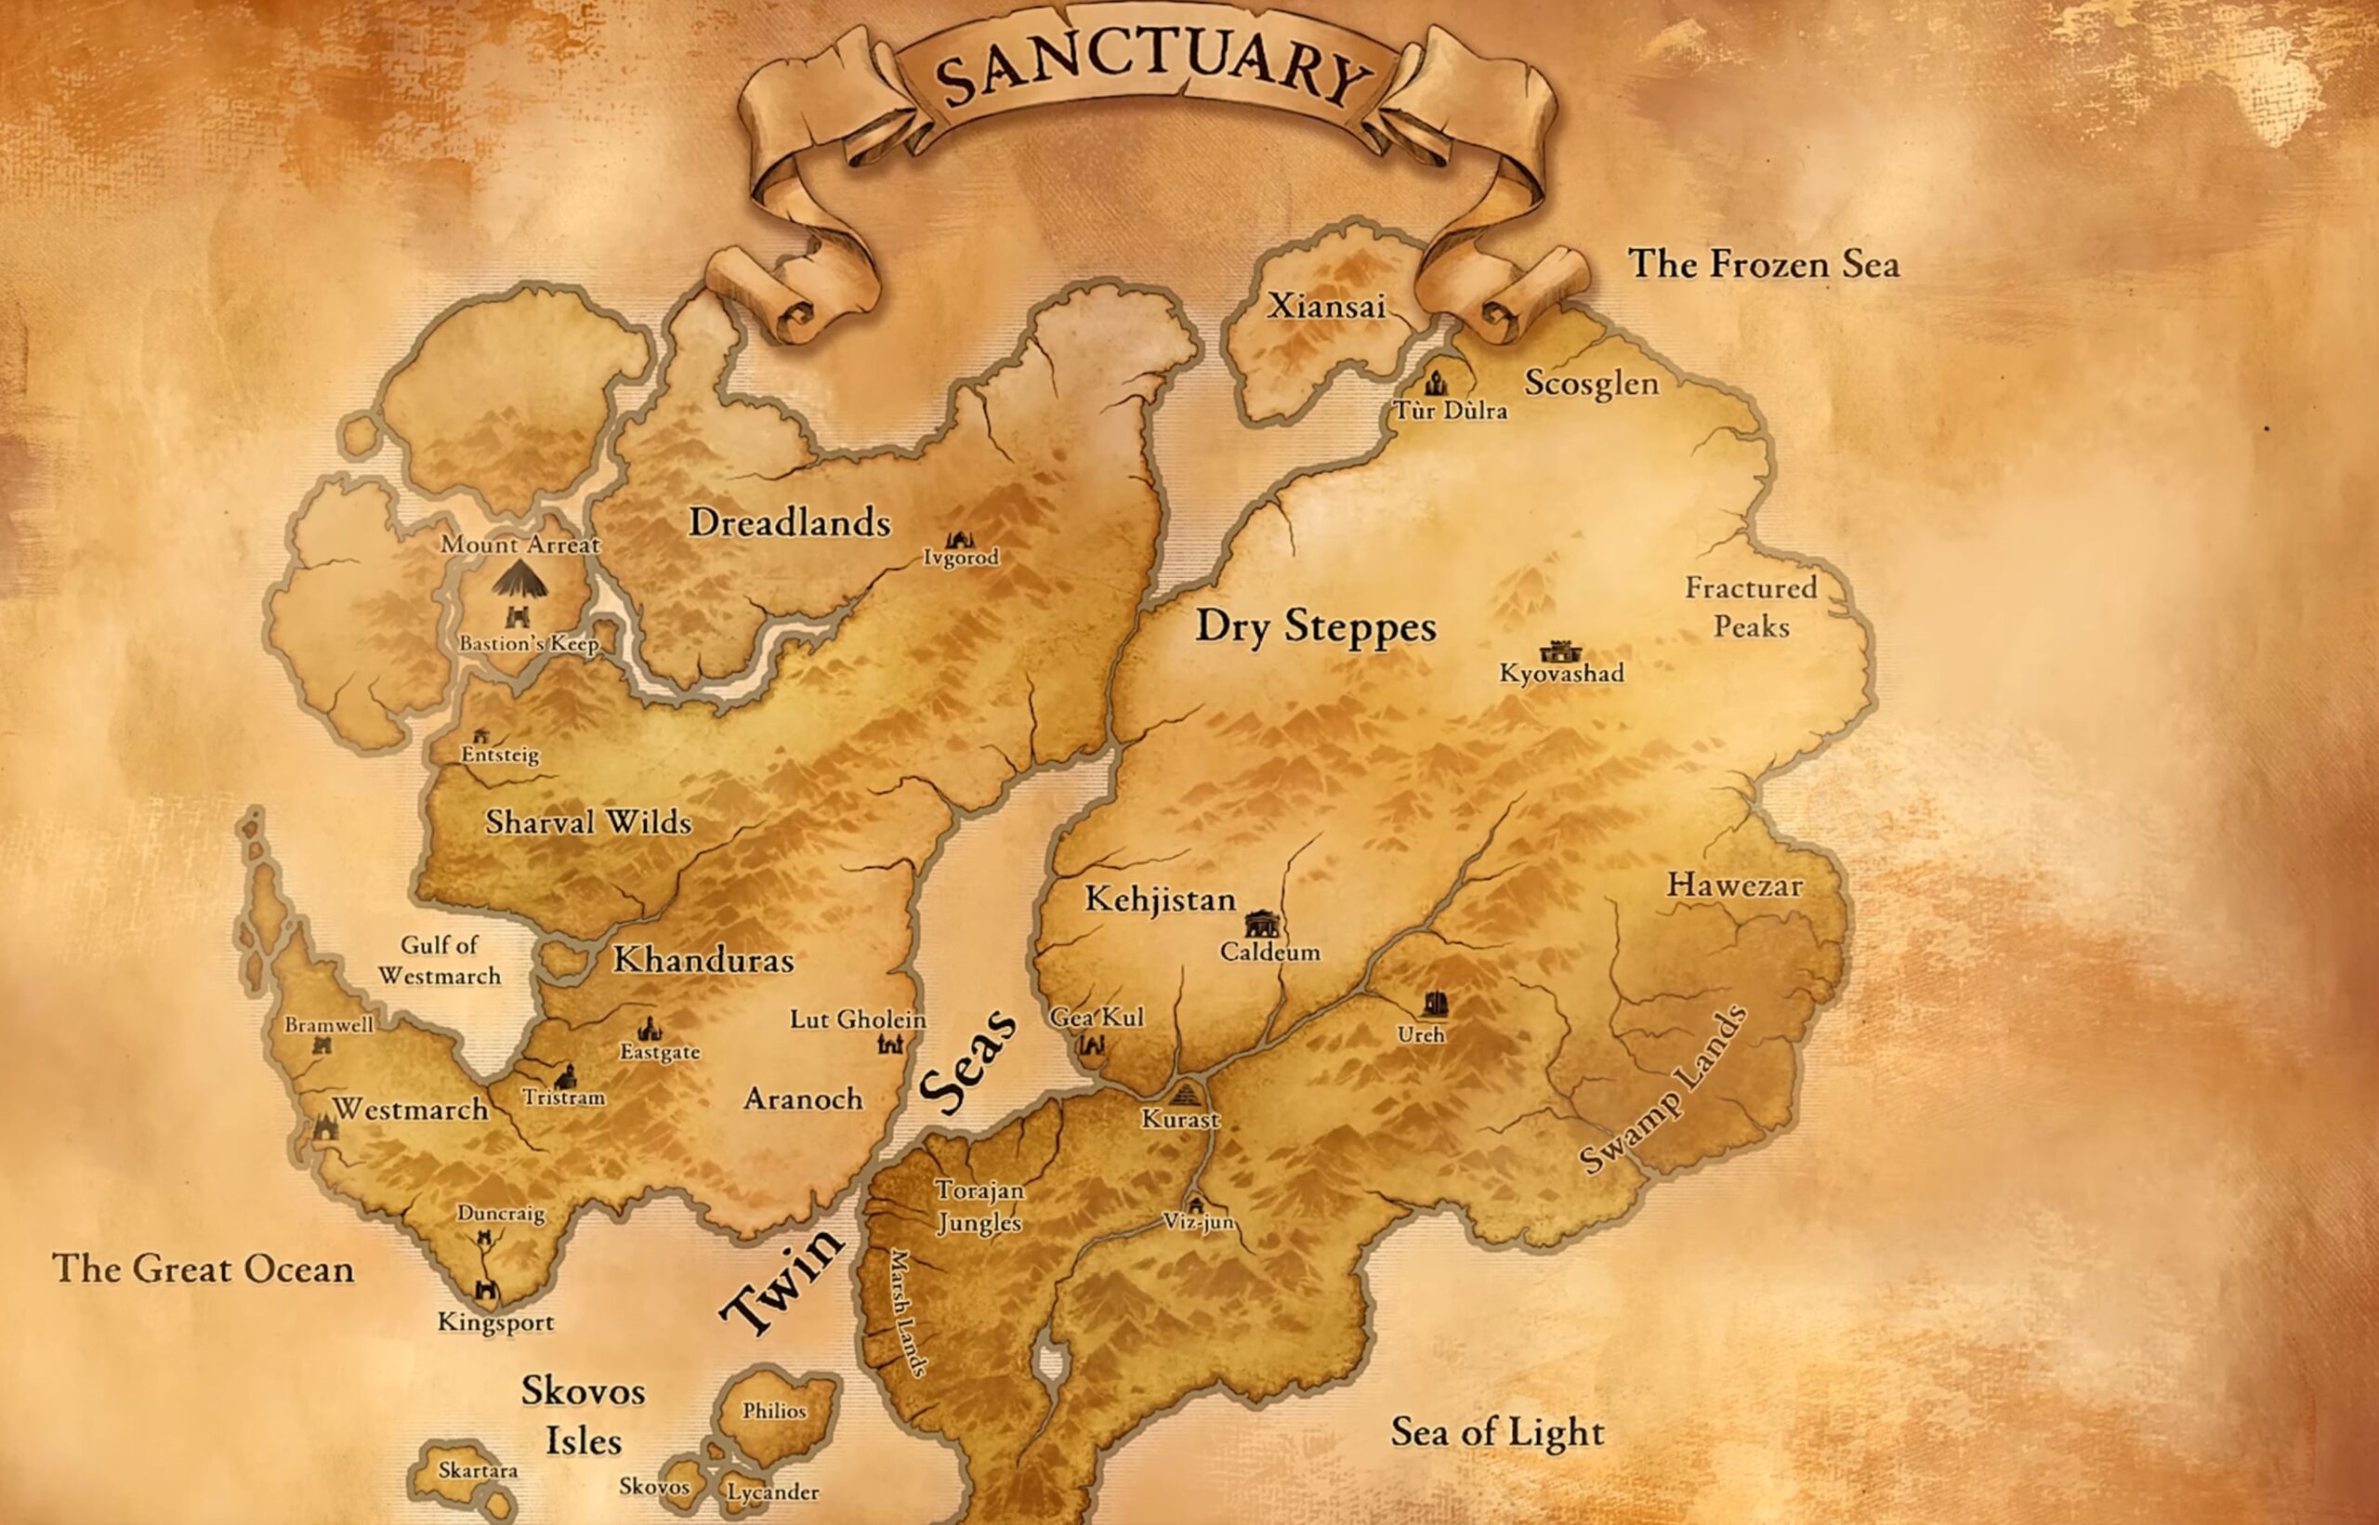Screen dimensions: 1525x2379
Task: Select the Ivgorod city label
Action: [x=960, y=558]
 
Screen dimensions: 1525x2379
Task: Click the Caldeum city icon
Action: [x=1261, y=924]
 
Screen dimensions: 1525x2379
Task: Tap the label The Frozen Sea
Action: [x=1763, y=265]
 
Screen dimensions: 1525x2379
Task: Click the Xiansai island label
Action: [x=1327, y=306]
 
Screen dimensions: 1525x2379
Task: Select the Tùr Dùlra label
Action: [x=1451, y=410]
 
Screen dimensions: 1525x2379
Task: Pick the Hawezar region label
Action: [x=1734, y=885]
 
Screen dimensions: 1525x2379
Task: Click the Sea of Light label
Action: [x=1497, y=1432]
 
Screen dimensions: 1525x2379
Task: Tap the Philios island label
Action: [x=774, y=1411]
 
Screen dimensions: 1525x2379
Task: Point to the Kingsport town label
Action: [x=495, y=1322]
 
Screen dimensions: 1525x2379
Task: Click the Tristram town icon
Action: [x=566, y=1077]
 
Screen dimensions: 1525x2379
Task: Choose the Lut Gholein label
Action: [x=858, y=1019]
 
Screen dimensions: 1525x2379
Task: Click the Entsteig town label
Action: [x=500, y=755]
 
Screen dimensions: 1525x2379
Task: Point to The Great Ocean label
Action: [x=203, y=1269]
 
